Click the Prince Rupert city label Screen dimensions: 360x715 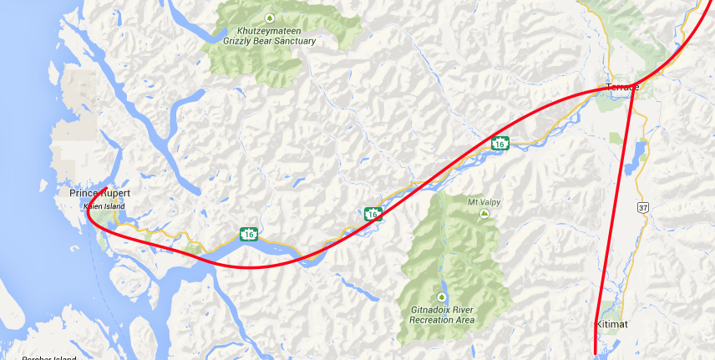(99, 193)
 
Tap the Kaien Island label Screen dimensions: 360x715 (103, 205)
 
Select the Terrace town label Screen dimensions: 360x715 (622, 88)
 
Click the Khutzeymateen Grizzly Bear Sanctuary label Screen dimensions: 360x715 (270, 34)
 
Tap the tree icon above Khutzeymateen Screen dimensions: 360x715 (269, 18)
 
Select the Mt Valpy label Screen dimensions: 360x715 (484, 200)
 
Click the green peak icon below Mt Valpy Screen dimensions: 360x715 (484, 214)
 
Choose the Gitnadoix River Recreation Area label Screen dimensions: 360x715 (443, 314)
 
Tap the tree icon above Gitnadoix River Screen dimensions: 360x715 (442, 297)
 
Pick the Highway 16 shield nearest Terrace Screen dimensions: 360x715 (499, 144)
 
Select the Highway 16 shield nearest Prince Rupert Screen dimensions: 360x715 (249, 235)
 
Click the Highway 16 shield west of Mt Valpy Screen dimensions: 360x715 (373, 214)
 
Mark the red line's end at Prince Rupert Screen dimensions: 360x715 (106, 186)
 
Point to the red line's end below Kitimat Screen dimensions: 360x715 (595, 353)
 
